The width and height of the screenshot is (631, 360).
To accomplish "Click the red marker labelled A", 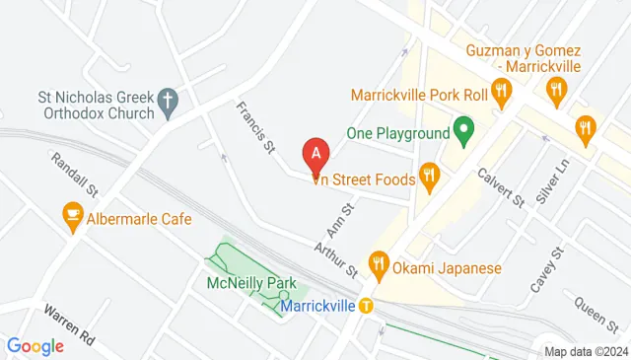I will pos(315,154).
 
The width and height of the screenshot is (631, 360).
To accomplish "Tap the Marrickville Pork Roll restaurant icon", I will pos(502,95).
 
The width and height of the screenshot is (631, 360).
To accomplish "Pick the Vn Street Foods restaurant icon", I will pos(428,177).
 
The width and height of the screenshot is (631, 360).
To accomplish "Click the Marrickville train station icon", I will pos(367,305).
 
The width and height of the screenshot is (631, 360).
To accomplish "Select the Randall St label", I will pos(73,175).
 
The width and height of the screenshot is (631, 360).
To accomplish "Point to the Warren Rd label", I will pos(70,324).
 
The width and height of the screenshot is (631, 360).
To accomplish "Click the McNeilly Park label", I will pos(251,283).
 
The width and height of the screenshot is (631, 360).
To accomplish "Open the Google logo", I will pos(35,346).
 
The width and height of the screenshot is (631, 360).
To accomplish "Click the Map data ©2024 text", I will pos(586,351).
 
